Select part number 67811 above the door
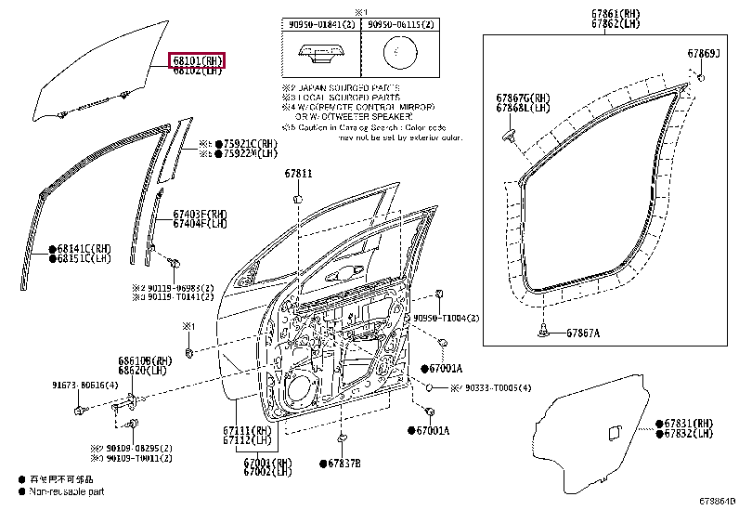pos(298,173)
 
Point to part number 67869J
pos(704,54)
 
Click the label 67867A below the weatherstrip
pos(583,333)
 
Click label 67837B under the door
pos(343,463)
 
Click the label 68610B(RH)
pos(145,360)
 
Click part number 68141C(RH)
pos(84,249)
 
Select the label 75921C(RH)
pos(250,144)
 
